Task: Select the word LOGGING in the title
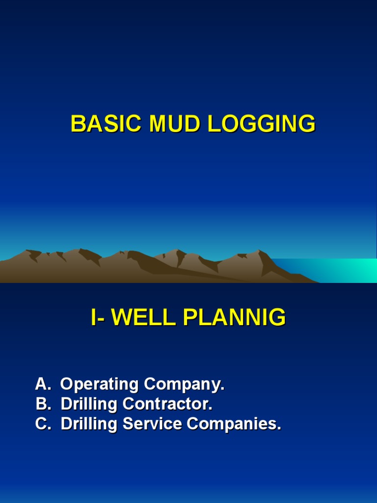(261, 124)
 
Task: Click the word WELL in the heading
(144, 318)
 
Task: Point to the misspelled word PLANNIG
(234, 318)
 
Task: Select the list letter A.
(42, 385)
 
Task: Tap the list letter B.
(42, 404)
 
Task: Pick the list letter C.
(42, 424)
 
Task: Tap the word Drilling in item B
(89, 404)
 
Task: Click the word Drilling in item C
(89, 424)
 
